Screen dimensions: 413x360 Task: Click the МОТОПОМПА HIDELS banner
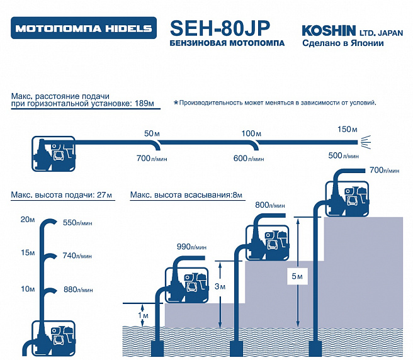pyautogui.click(x=84, y=28)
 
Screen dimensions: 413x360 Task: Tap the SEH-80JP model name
pyautogui.click(x=220, y=28)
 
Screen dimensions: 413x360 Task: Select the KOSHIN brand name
pyautogui.click(x=329, y=31)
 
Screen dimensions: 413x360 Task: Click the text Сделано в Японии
pyautogui.click(x=343, y=43)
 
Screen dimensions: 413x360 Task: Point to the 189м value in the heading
pyautogui.click(x=144, y=103)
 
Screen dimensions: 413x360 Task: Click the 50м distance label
pyautogui.click(x=152, y=133)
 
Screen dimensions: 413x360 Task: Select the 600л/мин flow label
pyautogui.click(x=249, y=158)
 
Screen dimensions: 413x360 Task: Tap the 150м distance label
pyautogui.click(x=348, y=129)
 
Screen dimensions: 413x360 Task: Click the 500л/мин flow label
pyautogui.click(x=344, y=155)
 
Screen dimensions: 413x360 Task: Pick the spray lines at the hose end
pyautogui.click(x=366, y=142)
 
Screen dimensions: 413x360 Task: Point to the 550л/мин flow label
pyautogui.click(x=77, y=223)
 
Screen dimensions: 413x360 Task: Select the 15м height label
pyautogui.click(x=28, y=253)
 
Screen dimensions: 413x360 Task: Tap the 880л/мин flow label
pyautogui.click(x=78, y=290)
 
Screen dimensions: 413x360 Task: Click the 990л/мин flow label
pyautogui.click(x=191, y=247)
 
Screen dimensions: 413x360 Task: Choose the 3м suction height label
pyautogui.click(x=220, y=286)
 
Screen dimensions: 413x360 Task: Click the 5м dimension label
pyautogui.click(x=297, y=276)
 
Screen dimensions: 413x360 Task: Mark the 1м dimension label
pyautogui.click(x=144, y=315)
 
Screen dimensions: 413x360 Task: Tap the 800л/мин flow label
pyautogui.click(x=270, y=205)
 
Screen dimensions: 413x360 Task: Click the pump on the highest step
pyautogui.click(x=347, y=198)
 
